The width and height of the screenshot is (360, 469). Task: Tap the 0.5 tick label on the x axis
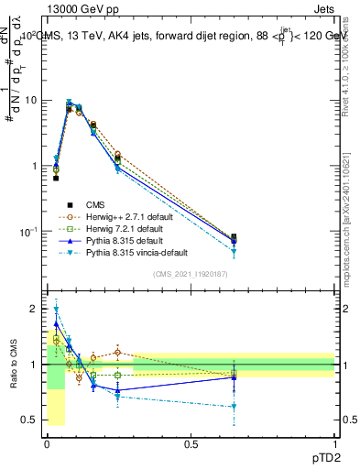(190, 444)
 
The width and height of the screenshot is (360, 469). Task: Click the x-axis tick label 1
(334, 444)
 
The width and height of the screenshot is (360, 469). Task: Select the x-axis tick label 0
(46, 444)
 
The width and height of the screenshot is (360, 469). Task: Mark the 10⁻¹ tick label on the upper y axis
(27, 232)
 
